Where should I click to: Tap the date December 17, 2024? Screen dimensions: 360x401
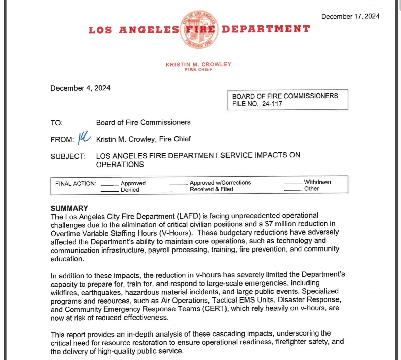(x=350, y=16)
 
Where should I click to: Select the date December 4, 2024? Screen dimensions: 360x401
(x=80, y=88)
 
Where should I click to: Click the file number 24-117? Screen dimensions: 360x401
(x=272, y=104)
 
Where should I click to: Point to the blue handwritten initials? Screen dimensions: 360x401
(x=84, y=138)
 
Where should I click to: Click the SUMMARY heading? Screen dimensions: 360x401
(x=69, y=208)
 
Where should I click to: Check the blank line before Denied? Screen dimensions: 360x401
(x=110, y=191)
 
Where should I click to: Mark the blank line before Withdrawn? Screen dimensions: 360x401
(x=293, y=183)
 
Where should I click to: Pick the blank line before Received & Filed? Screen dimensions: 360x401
(x=179, y=191)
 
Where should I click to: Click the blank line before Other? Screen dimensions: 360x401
(x=293, y=190)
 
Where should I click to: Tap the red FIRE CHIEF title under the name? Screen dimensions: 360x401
(x=198, y=70)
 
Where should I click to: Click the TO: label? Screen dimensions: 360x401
(x=57, y=123)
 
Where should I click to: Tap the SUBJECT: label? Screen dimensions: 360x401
(x=68, y=156)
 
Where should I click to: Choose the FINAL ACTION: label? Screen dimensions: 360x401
(x=76, y=184)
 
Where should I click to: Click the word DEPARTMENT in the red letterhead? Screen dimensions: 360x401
(x=266, y=29)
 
